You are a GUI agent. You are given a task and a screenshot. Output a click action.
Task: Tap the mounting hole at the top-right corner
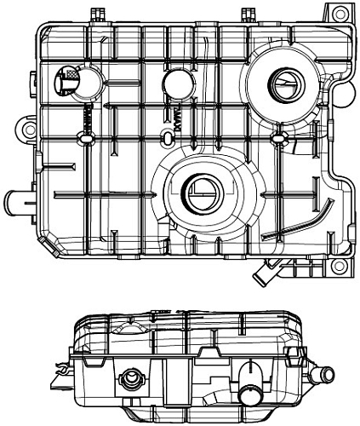click(x=341, y=14)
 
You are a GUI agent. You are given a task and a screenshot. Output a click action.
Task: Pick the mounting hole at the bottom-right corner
click(x=340, y=272)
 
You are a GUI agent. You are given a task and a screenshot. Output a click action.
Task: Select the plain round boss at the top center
click(x=176, y=83)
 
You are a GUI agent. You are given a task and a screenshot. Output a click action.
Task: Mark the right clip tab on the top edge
click(x=249, y=13)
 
